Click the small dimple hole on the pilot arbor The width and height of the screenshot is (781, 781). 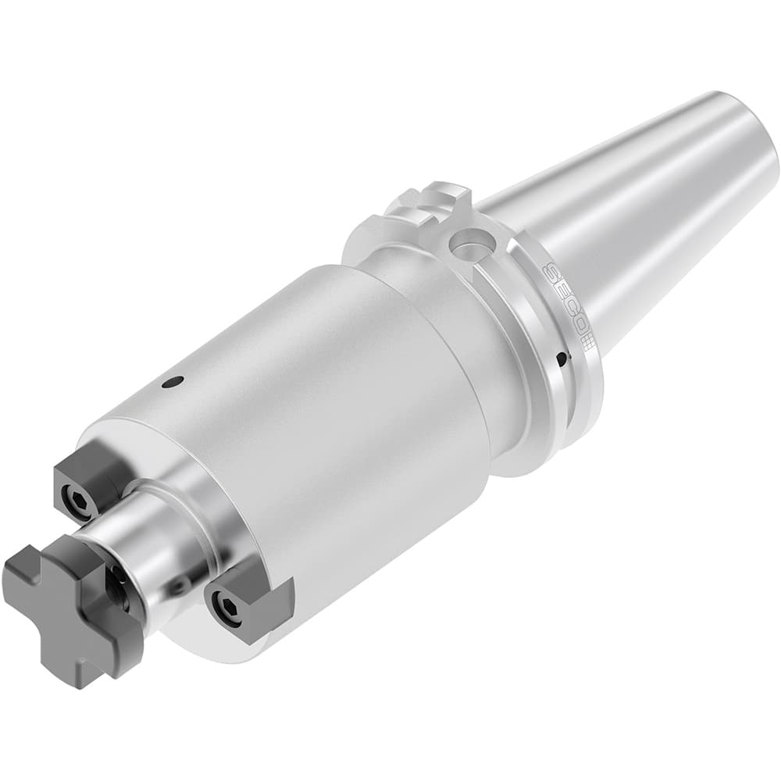click(x=179, y=586)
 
